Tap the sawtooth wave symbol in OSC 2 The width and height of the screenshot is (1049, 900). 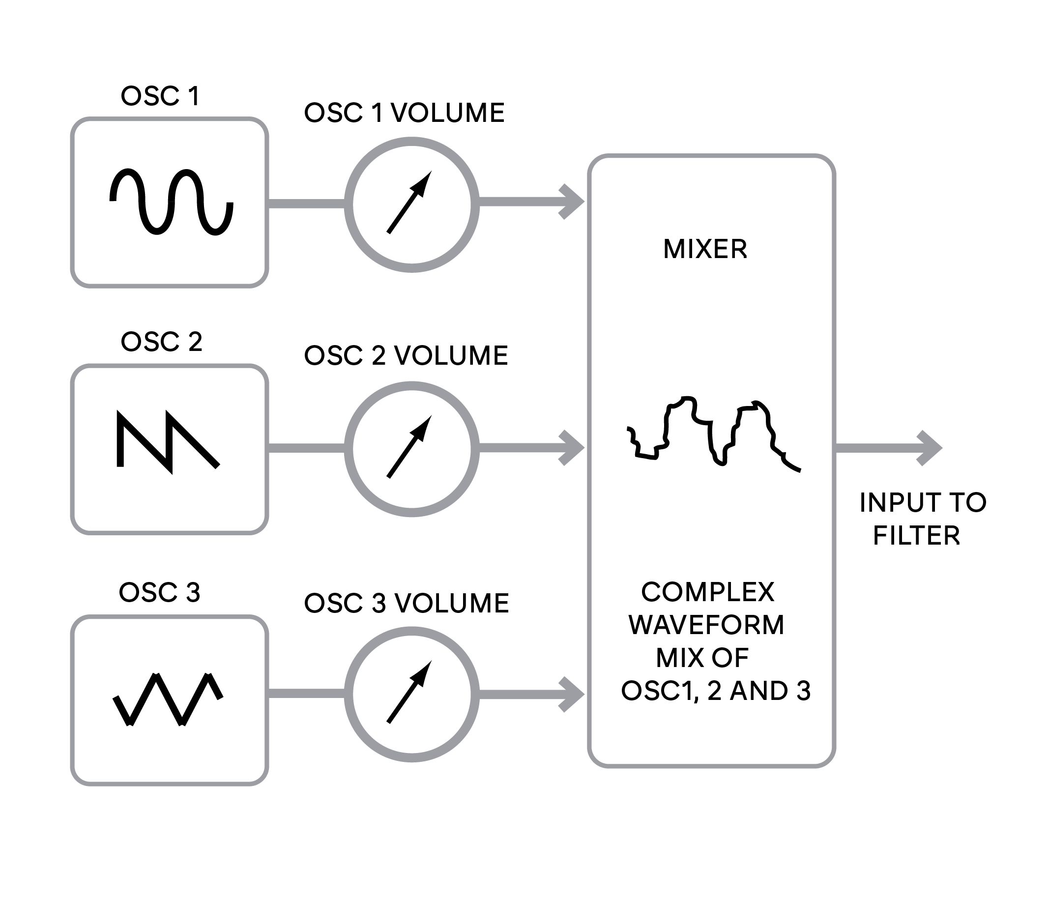[x=169, y=441]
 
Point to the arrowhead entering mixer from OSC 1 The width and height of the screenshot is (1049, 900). [x=571, y=202]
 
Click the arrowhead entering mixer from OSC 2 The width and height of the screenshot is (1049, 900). [x=571, y=447]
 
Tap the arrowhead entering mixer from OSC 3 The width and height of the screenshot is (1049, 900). [x=571, y=694]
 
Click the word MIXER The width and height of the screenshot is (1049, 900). [x=705, y=249]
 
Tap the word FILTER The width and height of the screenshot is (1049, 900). [x=916, y=536]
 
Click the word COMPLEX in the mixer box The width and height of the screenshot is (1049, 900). [x=708, y=592]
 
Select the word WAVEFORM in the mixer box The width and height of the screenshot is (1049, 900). [x=706, y=625]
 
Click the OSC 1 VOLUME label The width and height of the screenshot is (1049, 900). [x=404, y=113]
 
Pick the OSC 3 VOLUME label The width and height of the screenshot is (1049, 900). [x=406, y=603]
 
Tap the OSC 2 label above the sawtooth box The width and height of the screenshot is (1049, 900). [x=162, y=342]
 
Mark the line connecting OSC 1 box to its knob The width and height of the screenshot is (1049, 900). [x=306, y=204]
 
